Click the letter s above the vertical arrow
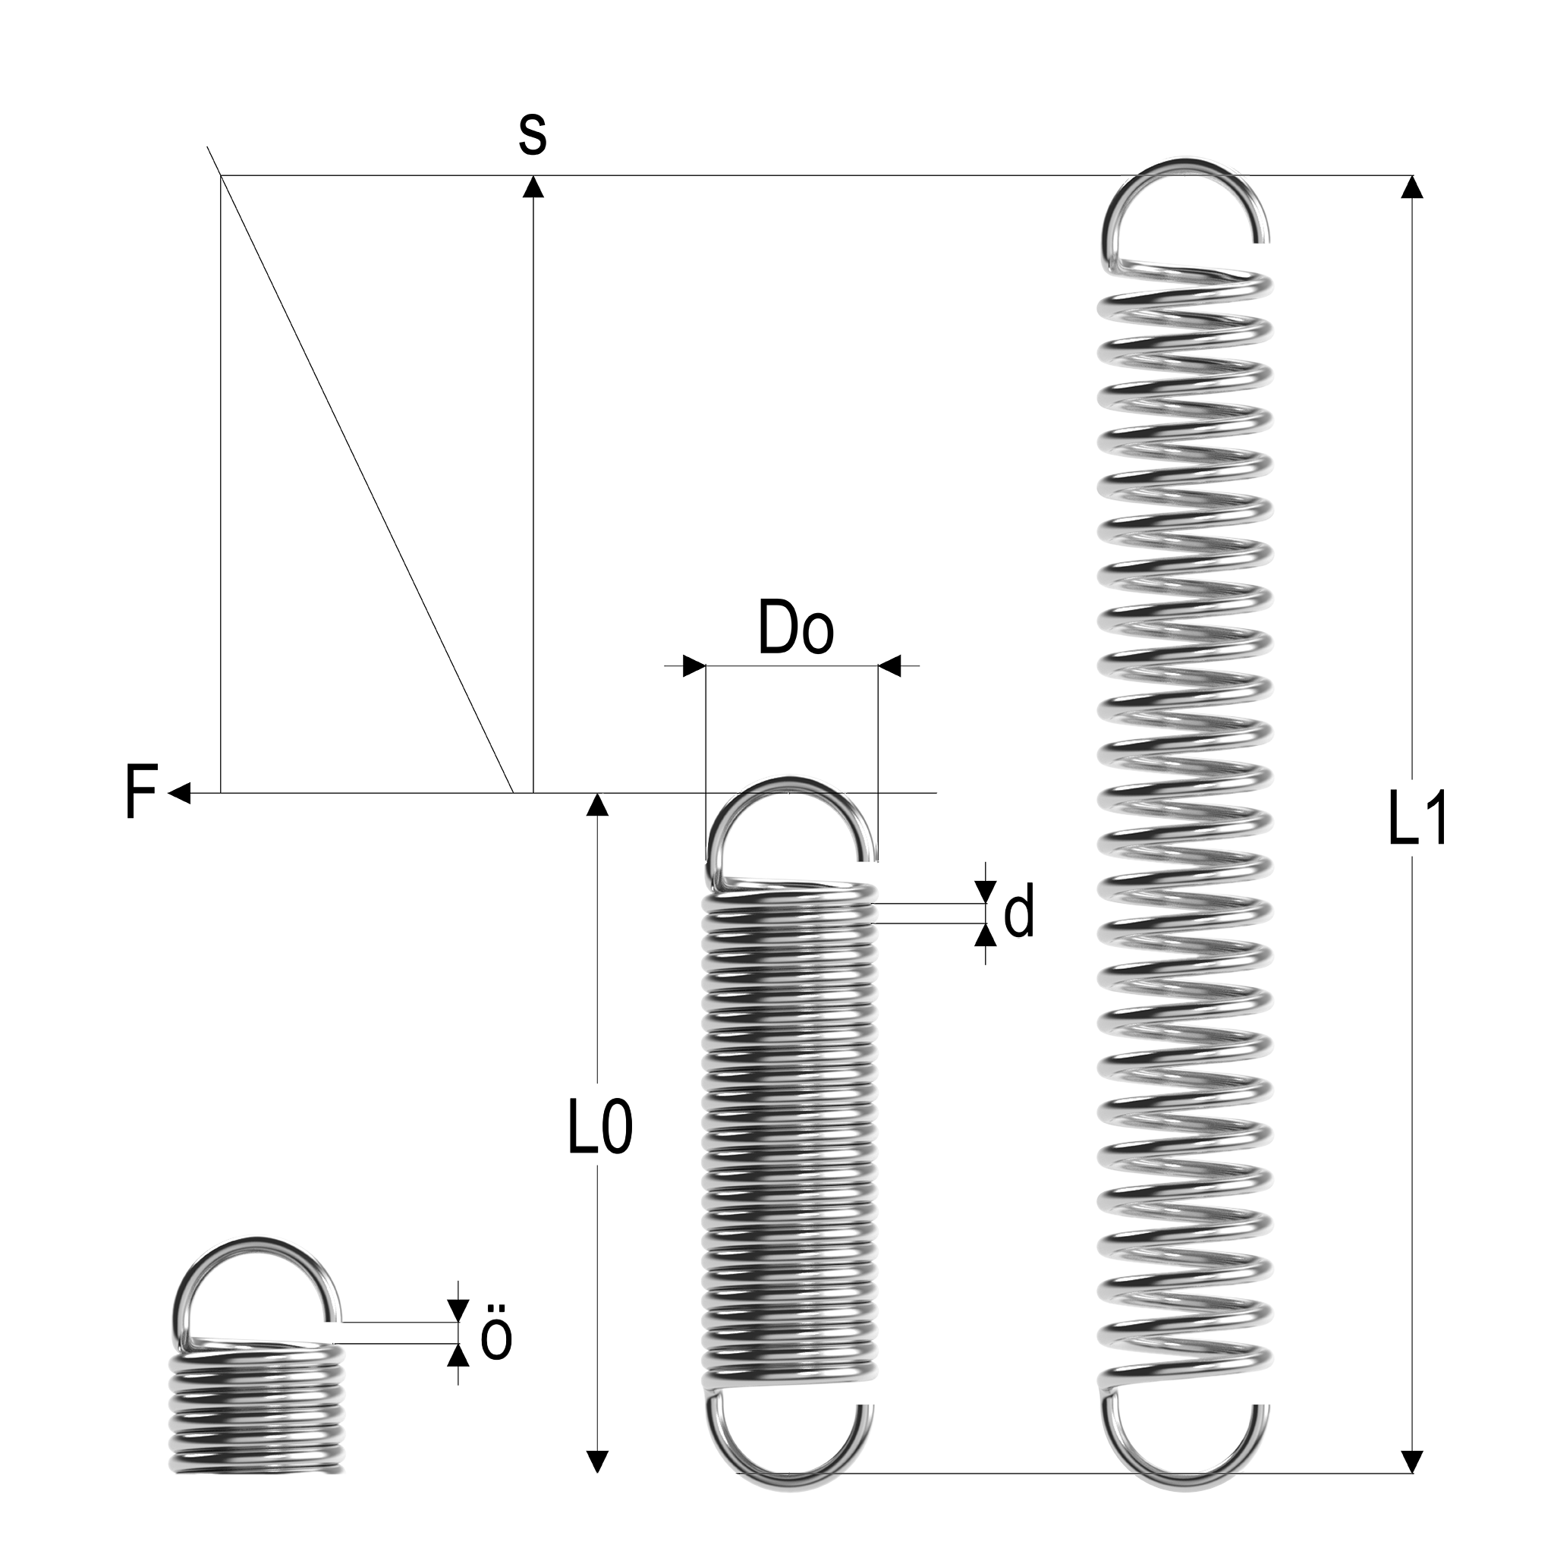(533, 134)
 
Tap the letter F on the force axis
(141, 792)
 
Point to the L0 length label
(600, 1128)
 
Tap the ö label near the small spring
(495, 1338)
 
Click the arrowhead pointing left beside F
(180, 793)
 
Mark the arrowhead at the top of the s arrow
(533, 187)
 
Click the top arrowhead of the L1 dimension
(1411, 187)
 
